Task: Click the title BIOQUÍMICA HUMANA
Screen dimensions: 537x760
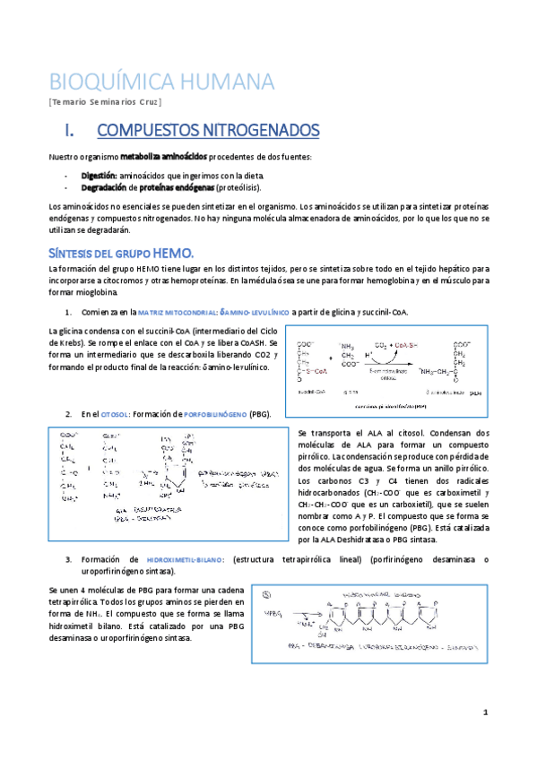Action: [x=161, y=82]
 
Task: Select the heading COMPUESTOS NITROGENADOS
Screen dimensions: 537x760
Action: [x=207, y=131]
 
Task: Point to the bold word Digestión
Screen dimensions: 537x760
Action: [x=98, y=176]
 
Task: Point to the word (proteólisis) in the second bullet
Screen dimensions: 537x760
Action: [x=238, y=188]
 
